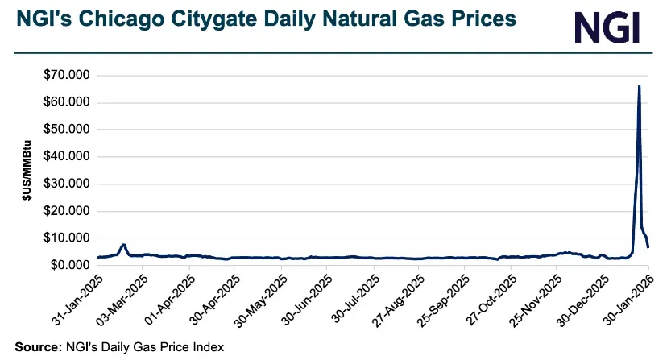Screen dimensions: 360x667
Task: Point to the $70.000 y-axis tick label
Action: coord(68,76)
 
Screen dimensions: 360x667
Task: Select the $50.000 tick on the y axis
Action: coord(68,130)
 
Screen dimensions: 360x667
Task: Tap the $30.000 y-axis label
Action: coord(68,184)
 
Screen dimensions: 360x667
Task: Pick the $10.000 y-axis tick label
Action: coord(68,238)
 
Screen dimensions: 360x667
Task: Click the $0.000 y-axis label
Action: coord(71,265)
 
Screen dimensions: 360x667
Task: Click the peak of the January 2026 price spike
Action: coord(639,86)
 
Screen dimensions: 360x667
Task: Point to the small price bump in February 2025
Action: coord(123,244)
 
